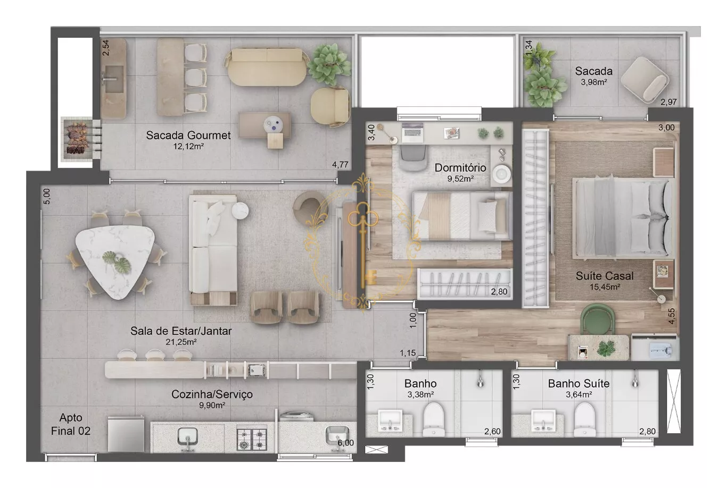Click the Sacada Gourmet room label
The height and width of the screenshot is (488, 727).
click(x=188, y=135)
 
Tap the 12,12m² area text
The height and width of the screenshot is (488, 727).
click(x=188, y=147)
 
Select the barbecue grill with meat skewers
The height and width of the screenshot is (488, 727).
click(x=78, y=138)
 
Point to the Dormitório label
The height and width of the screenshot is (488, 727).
click(x=460, y=167)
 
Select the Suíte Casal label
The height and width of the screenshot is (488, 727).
click(x=604, y=276)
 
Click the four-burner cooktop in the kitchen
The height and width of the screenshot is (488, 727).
click(x=252, y=439)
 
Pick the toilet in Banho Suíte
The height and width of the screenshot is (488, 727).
click(x=585, y=419)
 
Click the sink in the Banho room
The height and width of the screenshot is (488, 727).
click(x=391, y=420)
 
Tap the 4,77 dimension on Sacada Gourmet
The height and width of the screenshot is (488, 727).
click(x=340, y=165)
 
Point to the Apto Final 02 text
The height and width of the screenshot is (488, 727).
click(x=71, y=424)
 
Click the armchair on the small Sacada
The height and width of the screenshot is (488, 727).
click(x=645, y=80)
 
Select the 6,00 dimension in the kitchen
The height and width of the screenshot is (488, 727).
click(x=345, y=443)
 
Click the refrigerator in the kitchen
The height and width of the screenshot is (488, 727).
click(x=126, y=434)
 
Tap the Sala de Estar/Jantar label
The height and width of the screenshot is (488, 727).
click(x=181, y=331)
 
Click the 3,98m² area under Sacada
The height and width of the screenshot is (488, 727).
click(x=594, y=82)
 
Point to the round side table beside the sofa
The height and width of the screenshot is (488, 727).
click(x=240, y=211)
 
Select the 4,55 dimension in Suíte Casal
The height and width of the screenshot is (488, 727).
click(x=672, y=316)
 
